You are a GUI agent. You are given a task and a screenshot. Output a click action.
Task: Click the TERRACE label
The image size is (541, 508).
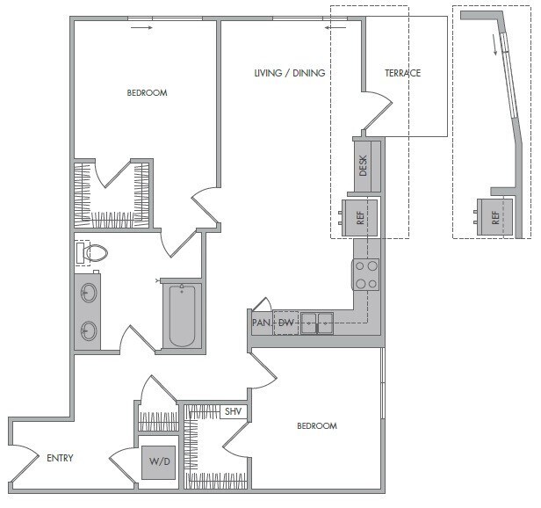[x=403, y=73]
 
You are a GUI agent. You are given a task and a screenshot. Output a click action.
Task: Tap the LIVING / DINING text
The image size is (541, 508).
[x=290, y=73]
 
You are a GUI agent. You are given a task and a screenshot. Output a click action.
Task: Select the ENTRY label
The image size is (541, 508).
[x=59, y=458]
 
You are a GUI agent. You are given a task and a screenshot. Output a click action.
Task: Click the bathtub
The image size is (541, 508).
[x=182, y=316]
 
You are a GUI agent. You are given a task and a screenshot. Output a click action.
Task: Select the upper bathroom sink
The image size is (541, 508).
[x=88, y=293]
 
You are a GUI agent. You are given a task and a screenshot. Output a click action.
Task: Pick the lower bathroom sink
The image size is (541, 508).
[x=88, y=330]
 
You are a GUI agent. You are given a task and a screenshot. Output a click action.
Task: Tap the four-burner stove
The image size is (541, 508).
[x=365, y=274]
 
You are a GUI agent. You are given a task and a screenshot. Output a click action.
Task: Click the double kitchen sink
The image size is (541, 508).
[x=317, y=323]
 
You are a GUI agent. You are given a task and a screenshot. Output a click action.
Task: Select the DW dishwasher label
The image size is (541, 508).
[x=285, y=323]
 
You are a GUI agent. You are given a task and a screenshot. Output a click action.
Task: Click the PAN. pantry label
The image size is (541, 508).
[x=261, y=323]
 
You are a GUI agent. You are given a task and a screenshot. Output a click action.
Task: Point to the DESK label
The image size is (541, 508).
[x=364, y=164]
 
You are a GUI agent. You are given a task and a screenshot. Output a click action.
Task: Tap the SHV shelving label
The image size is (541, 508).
[x=233, y=411]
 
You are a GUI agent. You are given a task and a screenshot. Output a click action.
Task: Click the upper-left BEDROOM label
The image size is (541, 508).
[x=147, y=92]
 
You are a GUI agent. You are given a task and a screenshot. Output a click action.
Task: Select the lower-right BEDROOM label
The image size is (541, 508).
[x=316, y=426]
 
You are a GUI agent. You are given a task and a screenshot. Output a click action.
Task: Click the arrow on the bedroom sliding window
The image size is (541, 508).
[x=141, y=27]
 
